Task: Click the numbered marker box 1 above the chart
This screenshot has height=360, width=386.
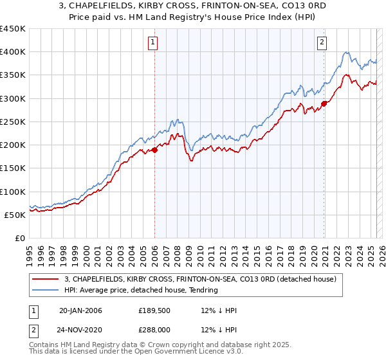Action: click(154, 43)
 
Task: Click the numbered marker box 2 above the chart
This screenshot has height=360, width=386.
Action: click(322, 43)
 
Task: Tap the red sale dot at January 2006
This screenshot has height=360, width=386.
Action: click(154, 150)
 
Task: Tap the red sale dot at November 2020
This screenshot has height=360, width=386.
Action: click(324, 104)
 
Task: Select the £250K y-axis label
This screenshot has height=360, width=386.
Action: click(13, 122)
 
